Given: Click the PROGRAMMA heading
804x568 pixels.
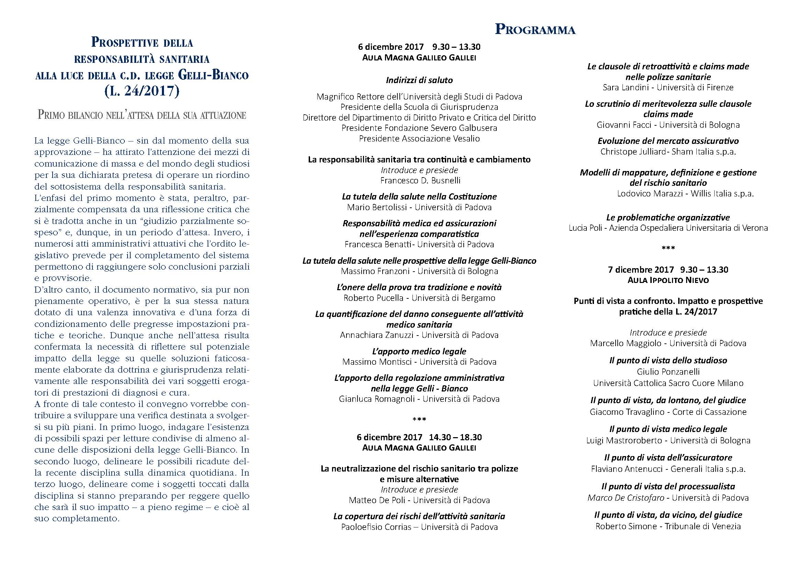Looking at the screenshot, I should point(535,30).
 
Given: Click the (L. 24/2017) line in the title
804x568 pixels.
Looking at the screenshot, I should point(142,91).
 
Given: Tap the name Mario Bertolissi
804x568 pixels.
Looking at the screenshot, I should point(377,207).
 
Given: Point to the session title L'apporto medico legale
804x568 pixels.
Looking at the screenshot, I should point(419,351).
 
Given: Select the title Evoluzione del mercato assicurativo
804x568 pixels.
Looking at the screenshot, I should point(668,141).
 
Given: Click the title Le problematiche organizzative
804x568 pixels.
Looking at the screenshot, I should point(668,217).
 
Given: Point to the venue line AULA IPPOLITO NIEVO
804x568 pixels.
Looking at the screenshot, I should point(668,280).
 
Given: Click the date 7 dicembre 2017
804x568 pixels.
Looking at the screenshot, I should point(641,270).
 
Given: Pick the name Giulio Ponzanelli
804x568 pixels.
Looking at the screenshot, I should point(668,372).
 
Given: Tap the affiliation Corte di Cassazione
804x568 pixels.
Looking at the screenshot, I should point(709,412).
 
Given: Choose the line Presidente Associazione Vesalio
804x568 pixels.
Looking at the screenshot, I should point(419,138).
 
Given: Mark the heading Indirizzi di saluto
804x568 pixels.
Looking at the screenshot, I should point(419,80).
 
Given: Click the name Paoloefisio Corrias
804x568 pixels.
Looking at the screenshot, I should point(376,527).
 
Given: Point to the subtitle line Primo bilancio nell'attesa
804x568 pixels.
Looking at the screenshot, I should point(142,115).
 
